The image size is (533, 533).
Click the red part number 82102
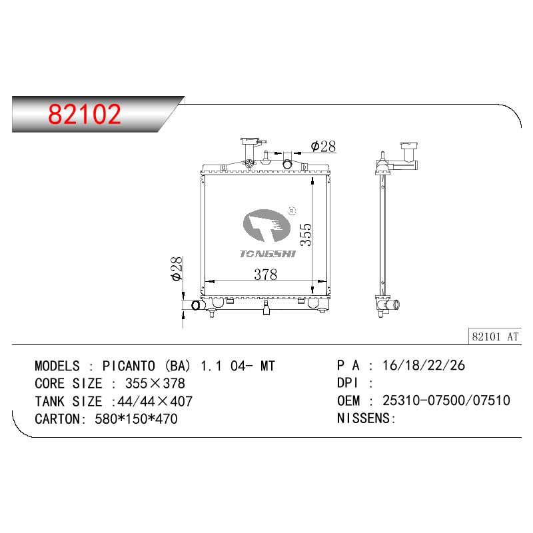[85, 114]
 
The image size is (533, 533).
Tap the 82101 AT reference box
[495, 336]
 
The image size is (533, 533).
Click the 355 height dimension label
[306, 235]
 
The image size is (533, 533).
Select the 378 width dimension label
[265, 274]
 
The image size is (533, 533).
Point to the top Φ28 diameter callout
[323, 147]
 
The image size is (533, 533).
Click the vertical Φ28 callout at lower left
[177, 269]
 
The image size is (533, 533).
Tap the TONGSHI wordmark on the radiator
[268, 254]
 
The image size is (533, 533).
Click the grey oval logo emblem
[266, 225]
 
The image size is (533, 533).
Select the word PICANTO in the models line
[129, 366]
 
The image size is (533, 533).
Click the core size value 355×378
[155, 384]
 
